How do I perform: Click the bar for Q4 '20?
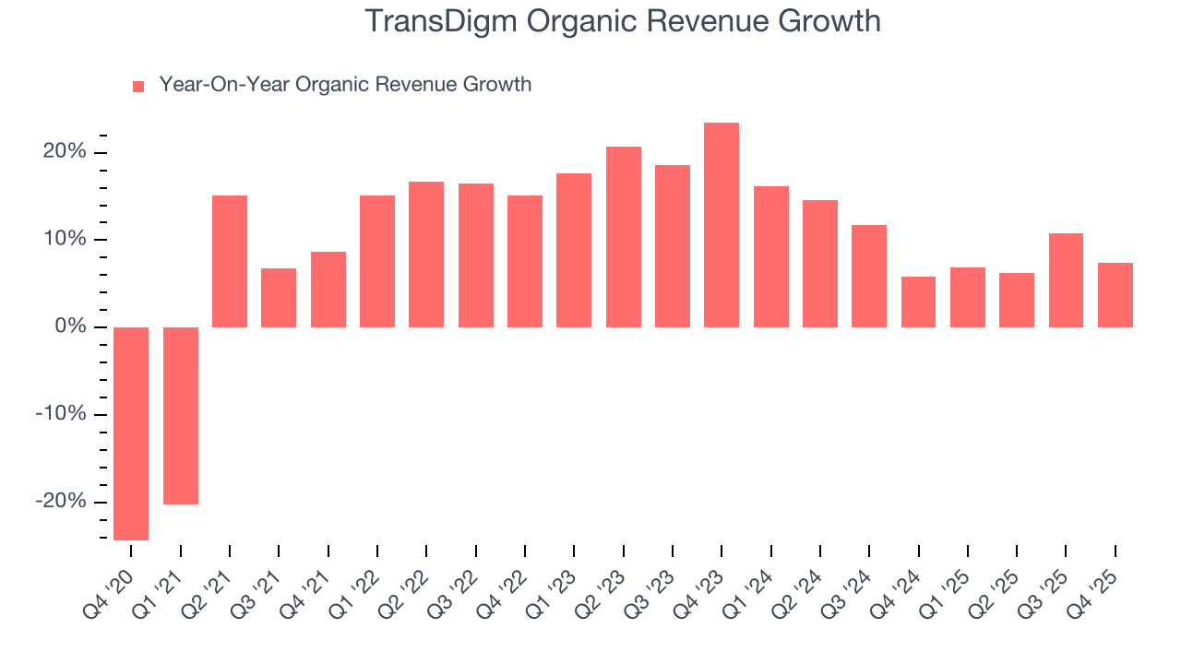point(131,433)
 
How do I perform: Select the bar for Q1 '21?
point(181,416)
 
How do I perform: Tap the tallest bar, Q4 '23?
point(722,225)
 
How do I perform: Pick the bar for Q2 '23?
point(624,237)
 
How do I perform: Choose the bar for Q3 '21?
point(279,298)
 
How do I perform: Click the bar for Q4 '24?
point(919,302)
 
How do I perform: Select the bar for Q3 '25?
point(1066,280)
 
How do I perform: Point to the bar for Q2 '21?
point(230,261)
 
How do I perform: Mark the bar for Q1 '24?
point(771,256)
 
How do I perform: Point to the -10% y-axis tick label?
point(61,414)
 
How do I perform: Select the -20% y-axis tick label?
point(61,502)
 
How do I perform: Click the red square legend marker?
point(138,87)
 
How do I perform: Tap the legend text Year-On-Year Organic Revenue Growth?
point(345,85)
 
